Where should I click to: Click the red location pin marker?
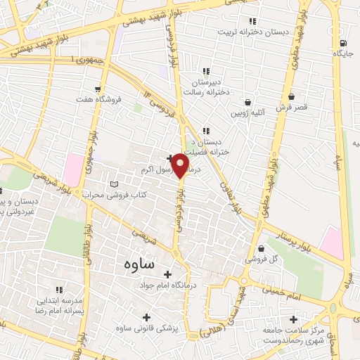(180, 166)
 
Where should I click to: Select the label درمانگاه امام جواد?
(167, 285)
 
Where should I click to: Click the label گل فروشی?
(260, 259)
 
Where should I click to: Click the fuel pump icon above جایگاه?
(342, 41)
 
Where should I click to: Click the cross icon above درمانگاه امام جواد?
(167, 274)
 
